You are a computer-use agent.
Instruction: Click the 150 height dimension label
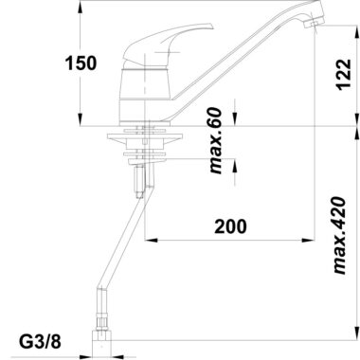(x=81, y=63)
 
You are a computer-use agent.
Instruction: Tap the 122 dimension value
(x=344, y=75)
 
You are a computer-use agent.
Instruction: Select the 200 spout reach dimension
(x=230, y=226)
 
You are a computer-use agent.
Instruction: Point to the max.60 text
(x=216, y=140)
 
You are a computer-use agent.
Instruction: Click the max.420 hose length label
(x=340, y=236)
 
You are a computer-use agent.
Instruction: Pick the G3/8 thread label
(x=40, y=342)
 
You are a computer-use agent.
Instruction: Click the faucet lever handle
(x=168, y=43)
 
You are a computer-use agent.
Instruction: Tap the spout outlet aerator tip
(x=315, y=24)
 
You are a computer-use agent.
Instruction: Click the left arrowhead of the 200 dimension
(x=151, y=241)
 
